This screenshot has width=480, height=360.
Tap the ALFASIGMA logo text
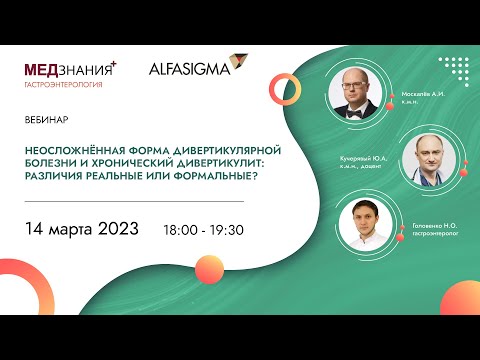(188, 69)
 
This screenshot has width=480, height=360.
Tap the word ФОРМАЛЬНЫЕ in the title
(200, 173)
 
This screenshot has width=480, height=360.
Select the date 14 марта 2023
(84, 229)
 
